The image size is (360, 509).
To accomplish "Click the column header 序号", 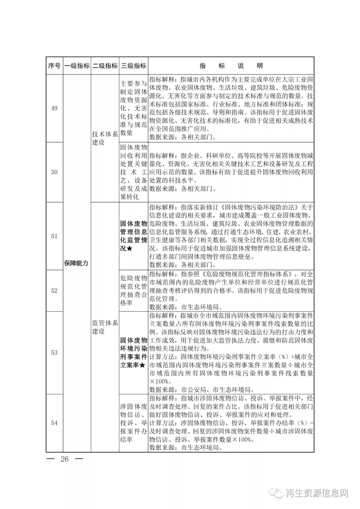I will tap(54, 66).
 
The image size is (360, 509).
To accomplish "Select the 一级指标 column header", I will tap(77, 66).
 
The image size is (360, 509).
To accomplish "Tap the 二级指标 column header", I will tap(105, 66).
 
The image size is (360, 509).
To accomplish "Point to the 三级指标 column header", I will tap(134, 66).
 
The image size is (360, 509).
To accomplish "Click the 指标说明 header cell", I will tap(231, 66).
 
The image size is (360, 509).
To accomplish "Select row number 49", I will tap(54, 108).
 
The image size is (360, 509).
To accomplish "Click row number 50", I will tap(54, 172).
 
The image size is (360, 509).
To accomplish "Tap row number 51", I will tap(54, 236).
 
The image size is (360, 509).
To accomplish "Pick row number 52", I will tap(54, 291).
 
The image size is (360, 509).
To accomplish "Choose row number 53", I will tap(54, 353).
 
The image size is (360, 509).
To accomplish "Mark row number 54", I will tap(54, 423).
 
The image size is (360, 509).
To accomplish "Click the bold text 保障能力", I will tap(76, 263).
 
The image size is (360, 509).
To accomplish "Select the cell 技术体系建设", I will tap(105, 138).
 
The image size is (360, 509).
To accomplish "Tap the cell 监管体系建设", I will tap(105, 327).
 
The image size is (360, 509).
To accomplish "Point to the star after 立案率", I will tap(142, 365).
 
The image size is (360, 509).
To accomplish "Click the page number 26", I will tap(65, 459).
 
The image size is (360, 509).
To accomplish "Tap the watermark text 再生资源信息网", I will tap(317, 493).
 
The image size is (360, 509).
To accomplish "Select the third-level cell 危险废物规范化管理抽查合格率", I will tap(134, 290).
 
